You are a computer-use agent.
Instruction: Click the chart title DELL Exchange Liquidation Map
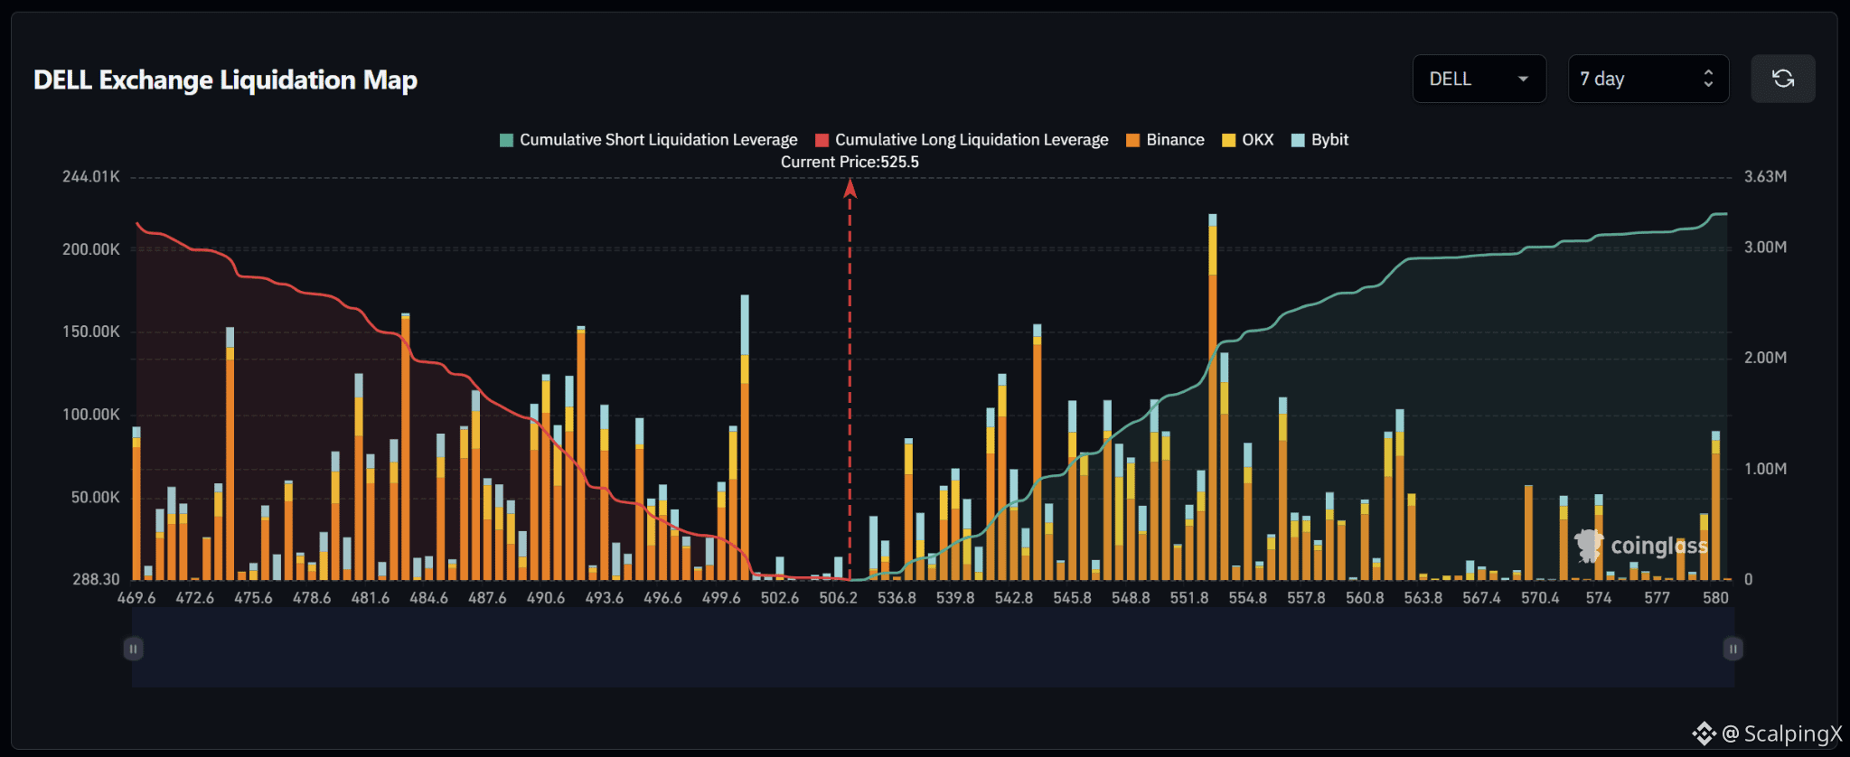coord(225,79)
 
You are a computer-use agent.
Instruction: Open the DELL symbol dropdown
coord(1479,79)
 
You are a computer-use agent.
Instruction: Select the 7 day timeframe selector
coord(1648,79)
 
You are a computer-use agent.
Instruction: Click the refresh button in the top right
coord(1782,79)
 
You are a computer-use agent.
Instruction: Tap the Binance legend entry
coord(1165,140)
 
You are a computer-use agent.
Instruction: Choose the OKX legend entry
coord(1247,140)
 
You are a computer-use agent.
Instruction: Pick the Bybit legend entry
coord(1319,140)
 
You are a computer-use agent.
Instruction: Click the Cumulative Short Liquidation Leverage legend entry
coord(649,140)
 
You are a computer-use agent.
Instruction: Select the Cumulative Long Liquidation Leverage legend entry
coord(962,140)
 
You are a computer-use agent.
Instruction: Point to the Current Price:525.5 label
coord(850,163)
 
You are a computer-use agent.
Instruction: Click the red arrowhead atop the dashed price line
coord(850,188)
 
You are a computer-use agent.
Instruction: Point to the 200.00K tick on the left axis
coord(90,249)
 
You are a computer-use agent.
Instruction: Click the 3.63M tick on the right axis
coord(1765,177)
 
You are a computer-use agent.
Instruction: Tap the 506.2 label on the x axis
coord(838,598)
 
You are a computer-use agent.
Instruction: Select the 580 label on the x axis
coord(1715,598)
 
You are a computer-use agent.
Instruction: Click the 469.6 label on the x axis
coord(136,598)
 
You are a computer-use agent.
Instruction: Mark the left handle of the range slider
coord(133,649)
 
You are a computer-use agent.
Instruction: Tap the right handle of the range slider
coord(1733,649)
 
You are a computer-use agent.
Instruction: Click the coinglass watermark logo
coord(1641,546)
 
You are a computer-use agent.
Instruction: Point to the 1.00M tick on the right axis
coord(1765,469)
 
